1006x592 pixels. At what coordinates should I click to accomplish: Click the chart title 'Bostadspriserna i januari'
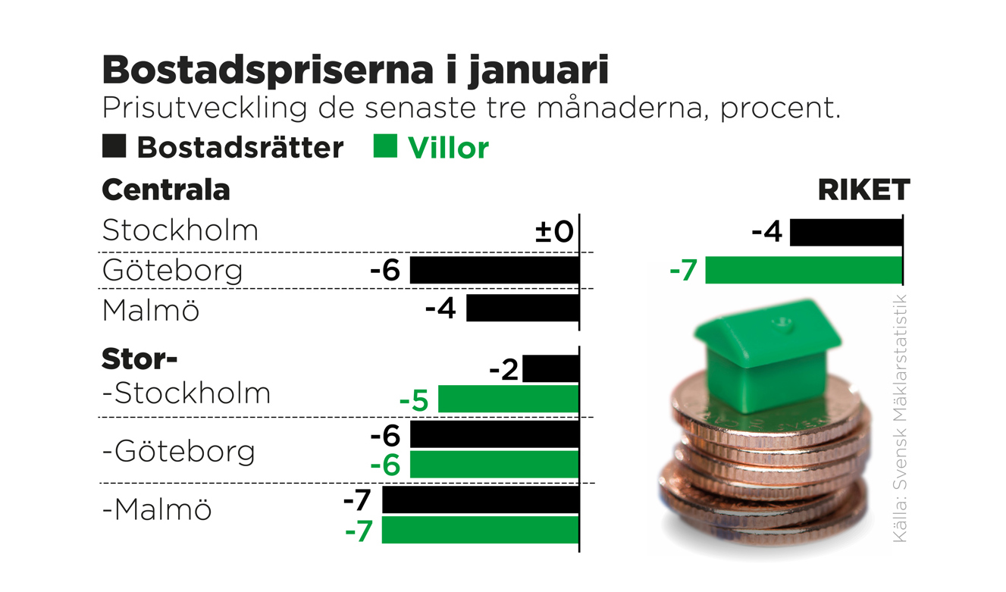pos(355,70)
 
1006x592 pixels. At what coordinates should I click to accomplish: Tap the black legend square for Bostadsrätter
pos(114,146)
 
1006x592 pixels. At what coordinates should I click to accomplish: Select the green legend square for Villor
pos(385,146)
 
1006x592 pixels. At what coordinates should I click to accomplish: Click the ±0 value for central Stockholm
pos(554,231)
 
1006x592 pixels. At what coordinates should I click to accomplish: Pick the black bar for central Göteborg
pos(494,270)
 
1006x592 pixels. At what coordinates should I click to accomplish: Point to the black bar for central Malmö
pos(522,309)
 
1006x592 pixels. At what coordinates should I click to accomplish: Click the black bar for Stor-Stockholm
pos(550,369)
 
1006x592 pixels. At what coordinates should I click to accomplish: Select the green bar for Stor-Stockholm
pos(508,399)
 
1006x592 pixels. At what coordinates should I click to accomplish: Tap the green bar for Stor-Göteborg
pos(494,465)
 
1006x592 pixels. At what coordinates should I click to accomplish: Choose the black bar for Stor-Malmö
pos(480,500)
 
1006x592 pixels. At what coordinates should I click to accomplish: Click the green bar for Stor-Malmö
pos(480,530)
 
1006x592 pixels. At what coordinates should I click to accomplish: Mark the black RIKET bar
pos(846,232)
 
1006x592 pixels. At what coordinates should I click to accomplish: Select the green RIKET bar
pos(804,270)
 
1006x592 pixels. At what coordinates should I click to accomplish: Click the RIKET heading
pos(863,190)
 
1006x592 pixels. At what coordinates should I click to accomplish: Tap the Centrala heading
pos(165,190)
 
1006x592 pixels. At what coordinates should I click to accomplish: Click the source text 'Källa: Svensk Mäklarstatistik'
pos(900,418)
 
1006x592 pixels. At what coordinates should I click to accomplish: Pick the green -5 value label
pos(414,400)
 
